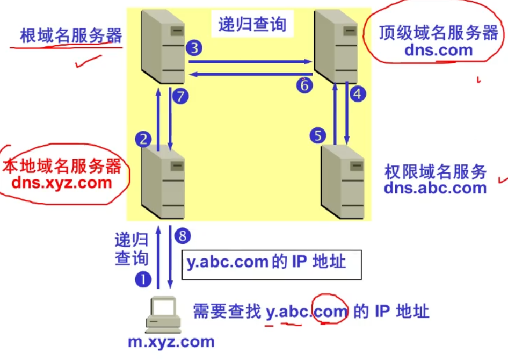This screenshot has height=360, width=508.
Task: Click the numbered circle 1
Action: [143, 278]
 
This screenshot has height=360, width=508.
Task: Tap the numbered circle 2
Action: [143, 140]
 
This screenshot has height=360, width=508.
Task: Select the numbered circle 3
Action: [194, 48]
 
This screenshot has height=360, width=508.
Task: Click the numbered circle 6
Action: [304, 85]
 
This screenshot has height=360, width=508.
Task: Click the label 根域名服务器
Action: [71, 36]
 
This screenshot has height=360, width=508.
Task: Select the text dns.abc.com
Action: [435, 188]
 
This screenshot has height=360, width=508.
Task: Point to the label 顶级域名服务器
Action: [438, 33]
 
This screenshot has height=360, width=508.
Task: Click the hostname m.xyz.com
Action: [171, 341]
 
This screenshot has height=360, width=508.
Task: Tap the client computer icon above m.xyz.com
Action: [163, 314]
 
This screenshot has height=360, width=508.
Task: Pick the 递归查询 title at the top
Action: [252, 24]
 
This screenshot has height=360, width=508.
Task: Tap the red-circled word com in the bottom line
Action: [330, 311]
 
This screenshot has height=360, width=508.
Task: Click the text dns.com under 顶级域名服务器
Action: [439, 51]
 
